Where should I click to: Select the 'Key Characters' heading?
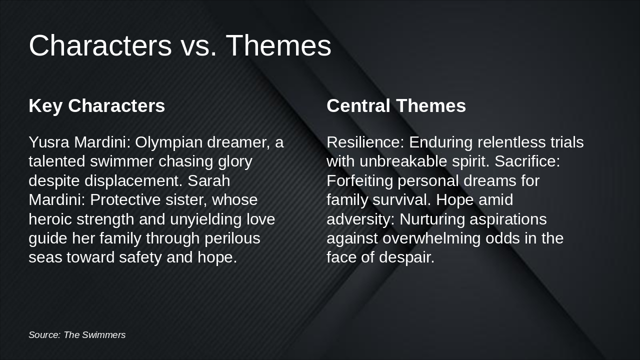pyautogui.click(x=96, y=106)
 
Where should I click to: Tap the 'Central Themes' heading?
pyautogui.click(x=396, y=106)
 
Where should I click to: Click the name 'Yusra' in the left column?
pyautogui.click(x=49, y=142)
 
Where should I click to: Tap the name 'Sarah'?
pyautogui.click(x=209, y=180)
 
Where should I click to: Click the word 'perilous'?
pyautogui.click(x=232, y=238)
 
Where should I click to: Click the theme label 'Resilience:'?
pyautogui.click(x=365, y=142)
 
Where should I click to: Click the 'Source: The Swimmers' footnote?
pyautogui.click(x=77, y=335)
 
